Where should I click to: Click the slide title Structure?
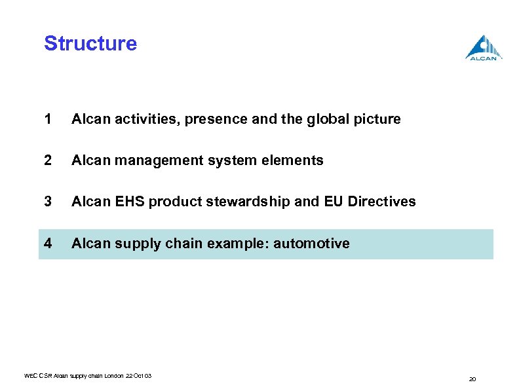point(90,44)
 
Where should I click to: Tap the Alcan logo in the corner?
point(484,48)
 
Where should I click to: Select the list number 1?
point(48,119)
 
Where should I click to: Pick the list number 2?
point(48,160)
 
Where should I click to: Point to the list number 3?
point(48,202)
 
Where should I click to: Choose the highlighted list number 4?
point(48,244)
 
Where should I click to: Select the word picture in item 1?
point(377,119)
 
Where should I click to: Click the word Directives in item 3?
point(383,202)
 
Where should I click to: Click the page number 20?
point(472,379)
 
